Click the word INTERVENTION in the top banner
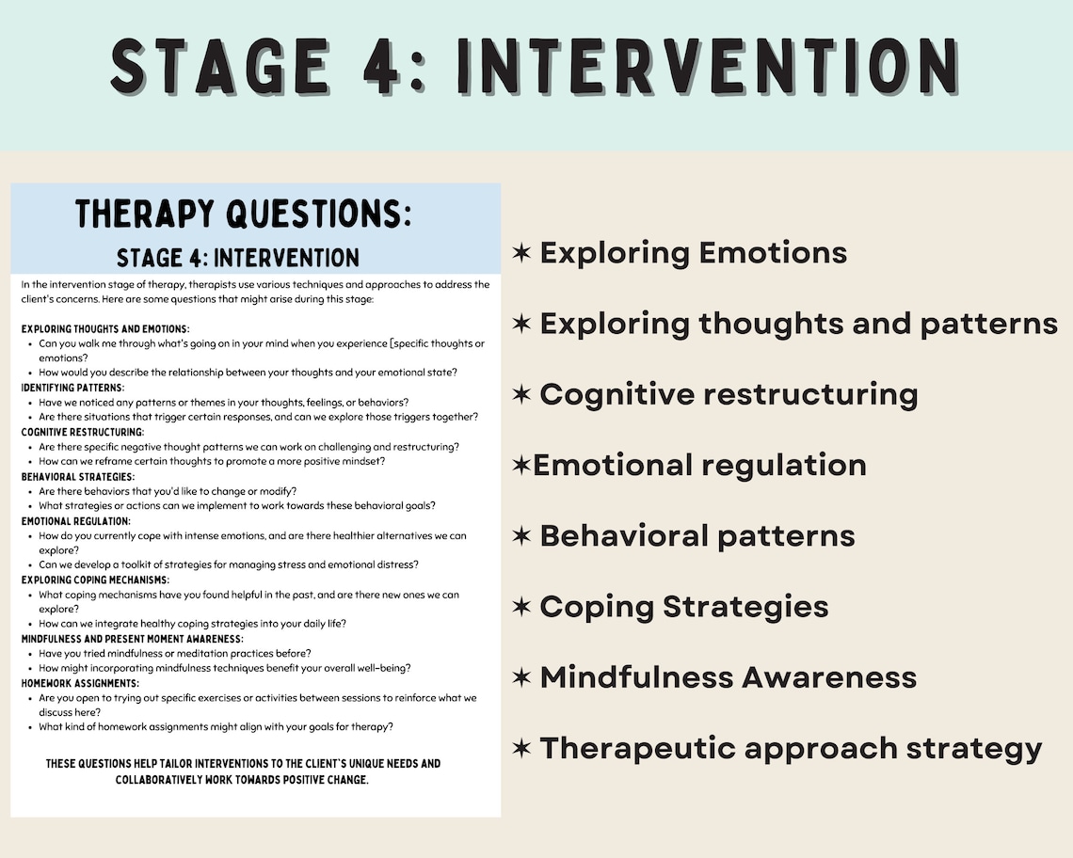click(708, 67)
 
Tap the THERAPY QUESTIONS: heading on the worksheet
click(244, 214)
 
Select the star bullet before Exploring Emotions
click(521, 252)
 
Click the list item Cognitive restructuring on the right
click(728, 394)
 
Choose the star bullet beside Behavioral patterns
click(521, 536)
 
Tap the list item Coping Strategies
click(683, 607)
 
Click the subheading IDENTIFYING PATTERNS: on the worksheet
click(72, 388)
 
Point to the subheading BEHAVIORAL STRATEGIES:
click(78, 477)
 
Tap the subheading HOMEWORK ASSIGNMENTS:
click(80, 683)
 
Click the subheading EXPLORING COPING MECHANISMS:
click(95, 580)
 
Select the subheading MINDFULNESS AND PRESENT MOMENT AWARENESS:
click(132, 639)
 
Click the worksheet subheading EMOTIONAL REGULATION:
click(75, 521)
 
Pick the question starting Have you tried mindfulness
click(175, 653)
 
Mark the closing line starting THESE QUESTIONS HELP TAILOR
click(243, 763)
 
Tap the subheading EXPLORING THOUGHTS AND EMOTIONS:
click(105, 329)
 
